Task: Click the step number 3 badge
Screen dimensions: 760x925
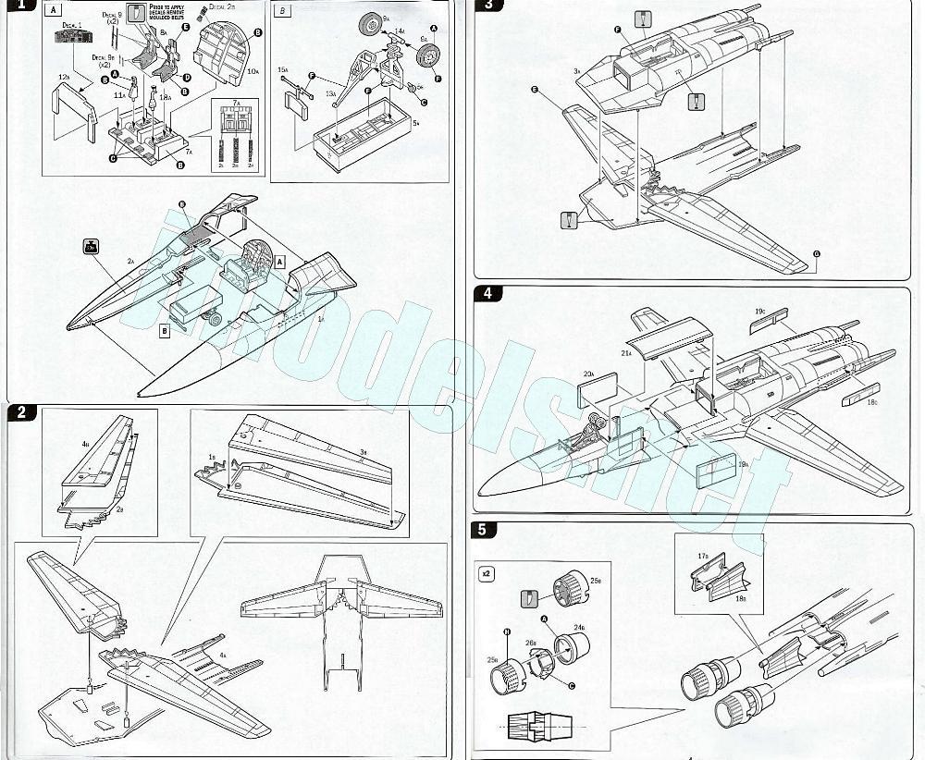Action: [x=487, y=6]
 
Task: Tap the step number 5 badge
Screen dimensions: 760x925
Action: [x=487, y=530]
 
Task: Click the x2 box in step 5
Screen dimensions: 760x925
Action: [x=487, y=573]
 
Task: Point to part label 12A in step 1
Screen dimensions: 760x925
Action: [x=63, y=77]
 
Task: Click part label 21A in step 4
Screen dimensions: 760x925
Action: [x=625, y=352]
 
